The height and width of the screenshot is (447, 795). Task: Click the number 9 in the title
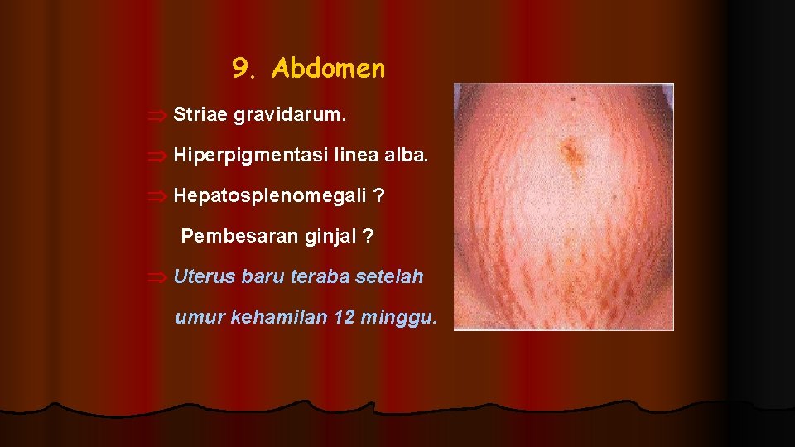tap(240, 69)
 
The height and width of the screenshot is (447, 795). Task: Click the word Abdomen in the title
tap(328, 69)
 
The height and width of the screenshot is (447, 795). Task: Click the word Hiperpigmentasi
tap(250, 154)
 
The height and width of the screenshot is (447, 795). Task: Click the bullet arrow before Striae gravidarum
tap(159, 115)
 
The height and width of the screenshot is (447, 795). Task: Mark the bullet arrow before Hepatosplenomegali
tap(159, 197)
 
